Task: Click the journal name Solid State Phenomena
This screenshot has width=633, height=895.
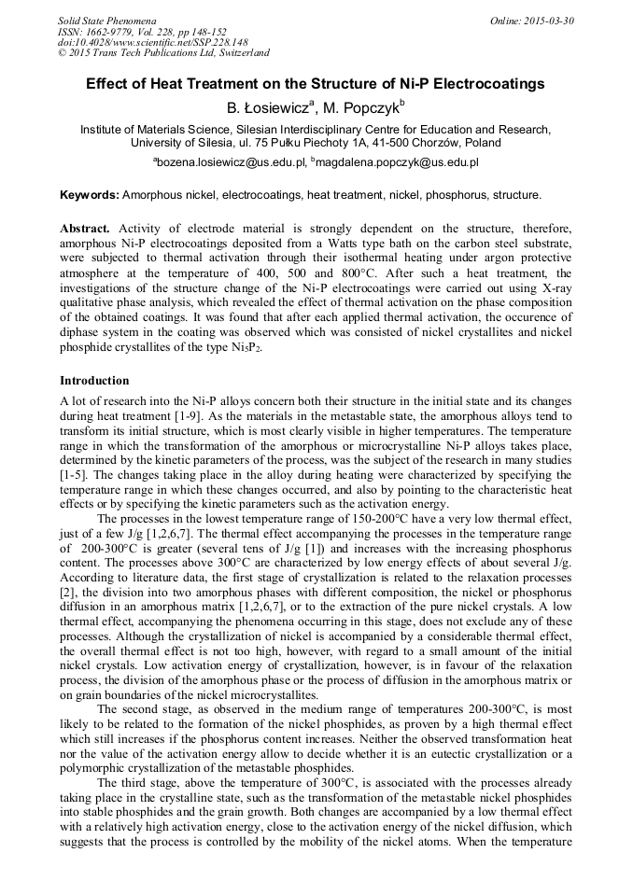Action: pyautogui.click(x=106, y=20)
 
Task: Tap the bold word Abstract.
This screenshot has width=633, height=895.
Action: pyautogui.click(x=84, y=229)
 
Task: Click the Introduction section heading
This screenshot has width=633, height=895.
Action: pyautogui.click(x=94, y=381)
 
